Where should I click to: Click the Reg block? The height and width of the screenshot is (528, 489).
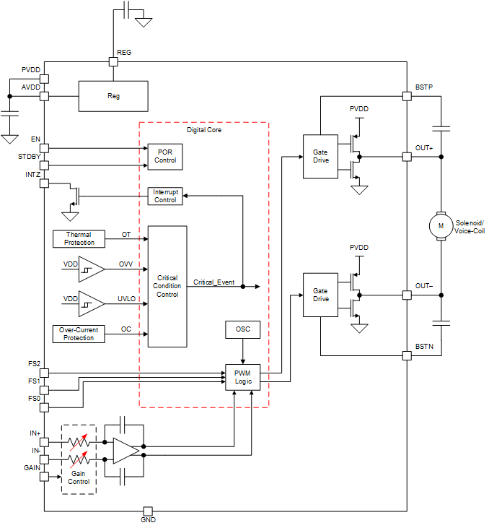click(x=113, y=96)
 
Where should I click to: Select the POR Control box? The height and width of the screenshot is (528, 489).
click(x=164, y=155)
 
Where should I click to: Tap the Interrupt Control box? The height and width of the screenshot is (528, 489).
click(x=165, y=196)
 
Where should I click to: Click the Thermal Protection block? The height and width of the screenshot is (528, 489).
click(x=79, y=238)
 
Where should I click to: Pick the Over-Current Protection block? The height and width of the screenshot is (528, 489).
click(x=79, y=334)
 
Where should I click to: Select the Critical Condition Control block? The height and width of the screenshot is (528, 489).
click(x=167, y=286)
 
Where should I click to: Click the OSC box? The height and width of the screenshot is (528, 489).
click(x=242, y=329)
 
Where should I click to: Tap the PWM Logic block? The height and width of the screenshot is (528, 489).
click(x=242, y=376)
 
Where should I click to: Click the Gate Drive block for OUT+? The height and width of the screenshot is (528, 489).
click(x=321, y=155)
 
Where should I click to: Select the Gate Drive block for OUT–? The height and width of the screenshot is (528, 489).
click(x=321, y=295)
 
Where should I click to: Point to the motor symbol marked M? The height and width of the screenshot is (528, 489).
click(x=441, y=225)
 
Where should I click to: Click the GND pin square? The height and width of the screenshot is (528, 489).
click(x=147, y=511)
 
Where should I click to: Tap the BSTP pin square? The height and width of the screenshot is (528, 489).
click(x=407, y=95)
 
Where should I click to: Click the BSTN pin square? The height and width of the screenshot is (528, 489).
click(x=407, y=355)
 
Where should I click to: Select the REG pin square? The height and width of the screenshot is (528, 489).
click(x=113, y=62)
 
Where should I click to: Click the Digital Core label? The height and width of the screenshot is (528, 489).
click(x=204, y=130)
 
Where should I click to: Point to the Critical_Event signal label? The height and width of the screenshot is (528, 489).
click(x=213, y=282)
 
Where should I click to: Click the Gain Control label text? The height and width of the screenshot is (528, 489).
click(x=79, y=477)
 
